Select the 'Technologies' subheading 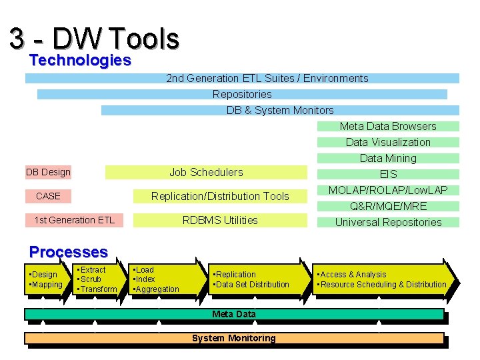pos(80,61)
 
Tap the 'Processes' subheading pos(68,252)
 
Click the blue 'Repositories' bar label pos(242,94)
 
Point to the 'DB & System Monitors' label pos(280,110)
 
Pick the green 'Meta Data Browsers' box pos(388,126)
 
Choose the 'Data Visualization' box pos(388,142)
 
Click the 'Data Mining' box pos(388,158)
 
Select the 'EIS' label pos(388,174)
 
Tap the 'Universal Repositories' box pos(388,222)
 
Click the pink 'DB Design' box pos(48,172)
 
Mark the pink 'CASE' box pos(48,196)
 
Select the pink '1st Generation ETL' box pos(74,220)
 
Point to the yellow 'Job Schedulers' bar pos(206,172)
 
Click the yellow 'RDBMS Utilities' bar pos(220,220)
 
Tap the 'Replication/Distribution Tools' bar pos(220,196)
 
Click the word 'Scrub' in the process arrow pos(91,279)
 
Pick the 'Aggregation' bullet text pos(158,289)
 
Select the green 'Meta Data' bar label pos(233,314)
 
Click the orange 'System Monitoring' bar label pos(233,338)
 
